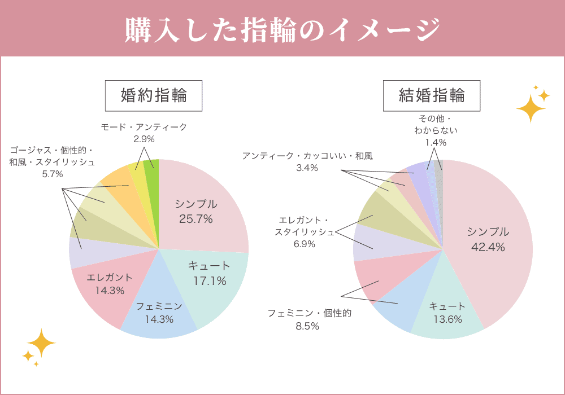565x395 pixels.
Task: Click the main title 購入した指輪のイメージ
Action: click(x=282, y=29)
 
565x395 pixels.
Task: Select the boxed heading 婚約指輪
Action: click(x=154, y=95)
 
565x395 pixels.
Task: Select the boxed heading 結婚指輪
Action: click(x=432, y=95)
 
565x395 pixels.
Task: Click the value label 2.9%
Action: click(x=144, y=139)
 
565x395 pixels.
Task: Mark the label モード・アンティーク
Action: click(x=144, y=127)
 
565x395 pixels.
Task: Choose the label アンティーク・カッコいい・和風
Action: click(x=307, y=156)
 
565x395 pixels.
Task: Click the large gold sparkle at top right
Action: click(x=530, y=108)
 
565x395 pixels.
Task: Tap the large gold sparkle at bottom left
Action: click(x=41, y=343)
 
